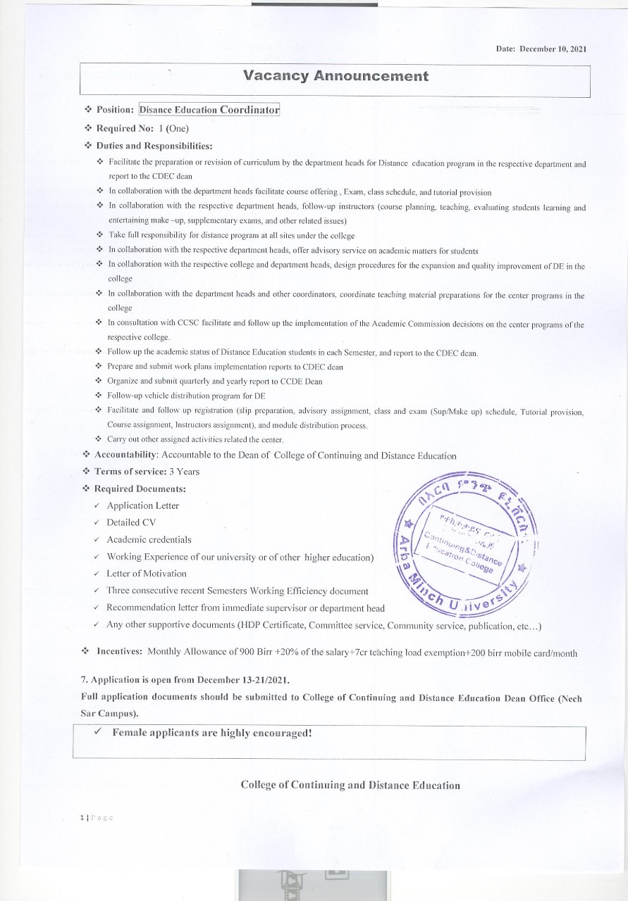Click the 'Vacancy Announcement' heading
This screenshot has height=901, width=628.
point(335,76)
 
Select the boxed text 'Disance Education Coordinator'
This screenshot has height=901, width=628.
point(209,110)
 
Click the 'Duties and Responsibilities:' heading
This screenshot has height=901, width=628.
point(154,146)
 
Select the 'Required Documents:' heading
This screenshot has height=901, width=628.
point(140,489)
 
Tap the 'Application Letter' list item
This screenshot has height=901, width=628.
point(142,505)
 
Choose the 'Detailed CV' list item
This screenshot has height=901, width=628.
point(131,522)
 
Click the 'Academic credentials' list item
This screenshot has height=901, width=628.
point(149,539)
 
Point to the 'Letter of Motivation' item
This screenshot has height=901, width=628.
point(147,573)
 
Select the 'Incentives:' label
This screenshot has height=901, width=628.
point(118,653)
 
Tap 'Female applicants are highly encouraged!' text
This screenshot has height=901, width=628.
point(211,733)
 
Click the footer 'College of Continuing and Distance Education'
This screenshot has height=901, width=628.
point(350,785)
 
